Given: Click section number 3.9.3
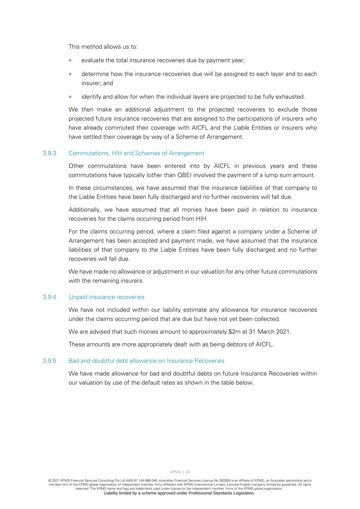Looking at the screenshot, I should tap(49, 153).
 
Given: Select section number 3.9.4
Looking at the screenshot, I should tap(49, 297).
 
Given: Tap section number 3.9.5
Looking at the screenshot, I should tap(49, 361).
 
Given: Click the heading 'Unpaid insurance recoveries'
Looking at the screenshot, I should tap(106, 297).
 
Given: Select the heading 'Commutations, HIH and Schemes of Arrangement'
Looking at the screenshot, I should tap(136, 153).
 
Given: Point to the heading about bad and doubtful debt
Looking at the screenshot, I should tap(146, 361).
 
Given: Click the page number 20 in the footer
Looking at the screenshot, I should tap(188, 472).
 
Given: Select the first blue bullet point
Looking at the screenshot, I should tap(70, 60).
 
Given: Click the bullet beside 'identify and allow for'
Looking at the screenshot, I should tap(70, 97).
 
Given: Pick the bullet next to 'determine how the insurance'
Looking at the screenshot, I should tap(70, 74).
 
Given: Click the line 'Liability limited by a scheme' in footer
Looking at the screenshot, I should tap(179, 493).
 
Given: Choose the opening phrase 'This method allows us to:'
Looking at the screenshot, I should tap(103, 47).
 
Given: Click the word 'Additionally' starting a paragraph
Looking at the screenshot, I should tap(84, 210).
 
